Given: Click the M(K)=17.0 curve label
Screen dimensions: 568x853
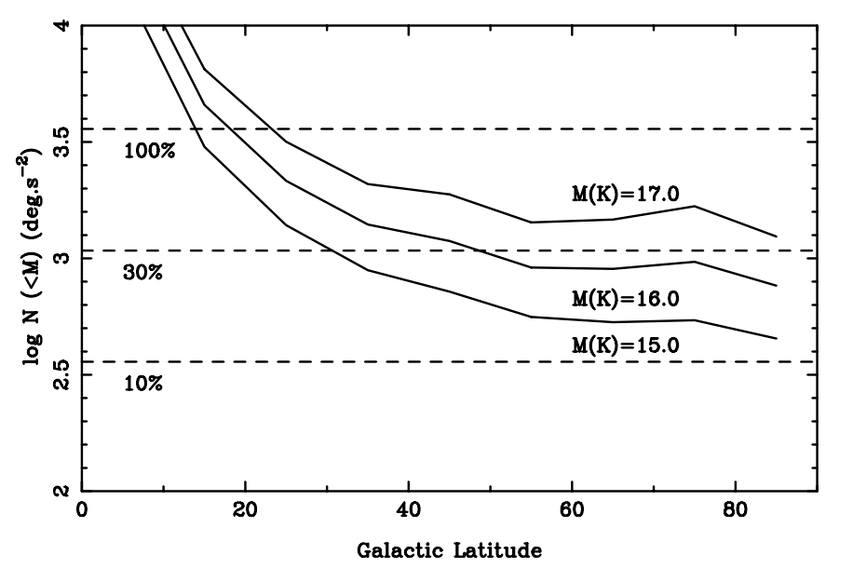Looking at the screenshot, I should [x=626, y=193].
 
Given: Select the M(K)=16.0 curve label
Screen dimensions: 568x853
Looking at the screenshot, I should [x=626, y=300].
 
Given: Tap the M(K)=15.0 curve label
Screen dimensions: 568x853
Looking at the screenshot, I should [x=626, y=345].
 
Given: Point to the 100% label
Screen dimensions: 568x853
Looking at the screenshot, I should [x=150, y=151].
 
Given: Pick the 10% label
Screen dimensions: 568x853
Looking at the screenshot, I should [x=143, y=383].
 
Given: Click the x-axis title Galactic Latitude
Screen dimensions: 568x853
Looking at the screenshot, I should [x=449, y=549].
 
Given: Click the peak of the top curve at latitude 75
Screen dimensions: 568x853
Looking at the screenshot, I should [x=695, y=206].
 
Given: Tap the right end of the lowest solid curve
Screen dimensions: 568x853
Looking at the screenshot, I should [x=776, y=338].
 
